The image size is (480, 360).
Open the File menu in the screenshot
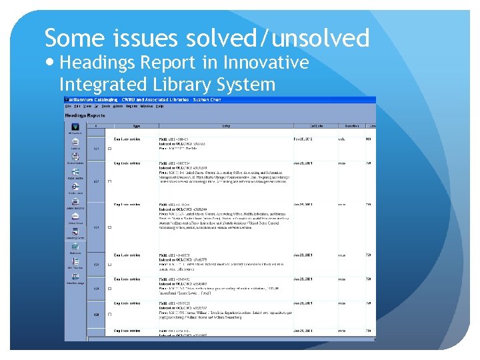(x=68, y=107)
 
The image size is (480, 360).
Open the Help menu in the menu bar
(x=160, y=107)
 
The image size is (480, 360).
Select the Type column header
(x=136, y=125)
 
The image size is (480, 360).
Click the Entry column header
(x=226, y=125)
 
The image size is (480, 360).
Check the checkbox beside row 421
(x=109, y=149)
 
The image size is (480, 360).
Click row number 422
(x=96, y=181)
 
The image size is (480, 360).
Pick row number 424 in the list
(x=96, y=265)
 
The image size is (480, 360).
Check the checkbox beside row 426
(x=109, y=314)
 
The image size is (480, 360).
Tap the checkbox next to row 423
(x=109, y=227)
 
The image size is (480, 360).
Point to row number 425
(x=96, y=289)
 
